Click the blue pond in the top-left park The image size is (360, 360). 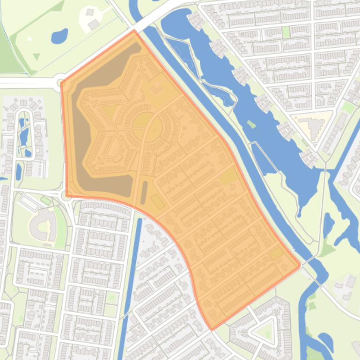pyautogui.click(x=59, y=36)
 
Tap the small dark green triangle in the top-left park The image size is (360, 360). pyautogui.click(x=37, y=57)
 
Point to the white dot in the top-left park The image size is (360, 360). pyautogui.click(x=29, y=39)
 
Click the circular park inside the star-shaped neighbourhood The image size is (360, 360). pyautogui.click(x=141, y=123)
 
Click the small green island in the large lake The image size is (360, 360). pyautogui.click(x=251, y=124)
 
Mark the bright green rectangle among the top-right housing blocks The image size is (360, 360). pyautogui.click(x=286, y=32)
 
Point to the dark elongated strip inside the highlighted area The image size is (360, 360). pyautogui.click(x=144, y=192)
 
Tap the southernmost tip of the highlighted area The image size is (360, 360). pyautogui.click(x=212, y=329)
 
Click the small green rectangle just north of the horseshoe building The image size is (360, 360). pyautogui.click(x=46, y=200)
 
